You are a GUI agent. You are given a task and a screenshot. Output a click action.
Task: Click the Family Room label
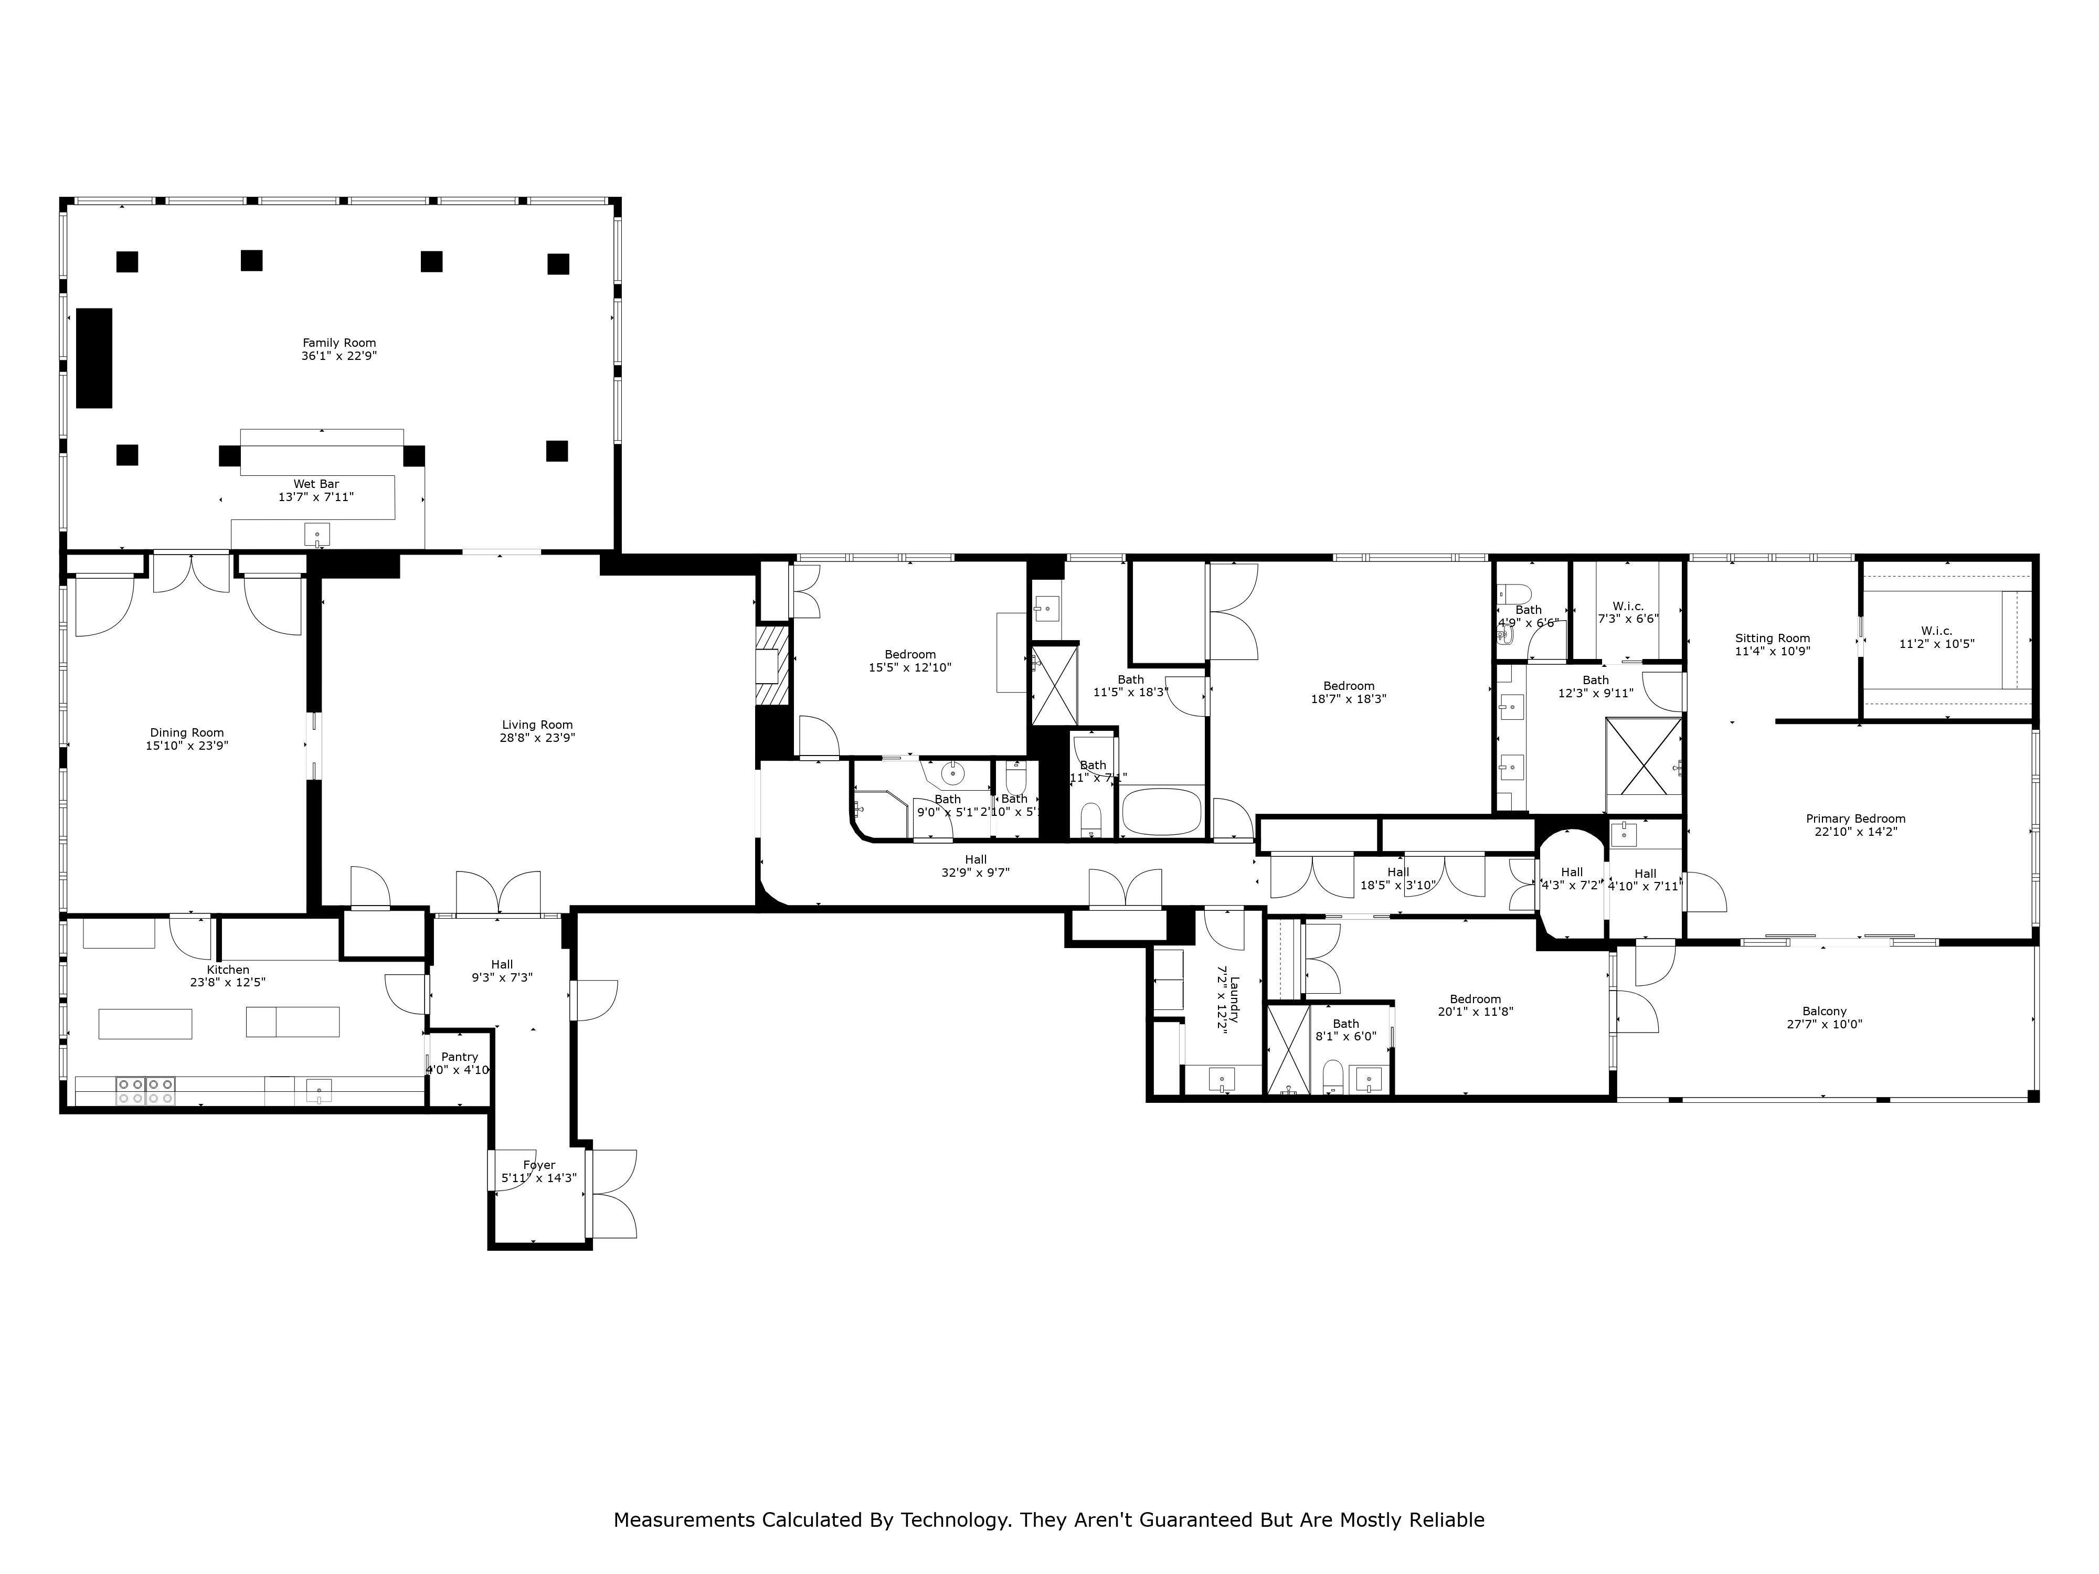339,343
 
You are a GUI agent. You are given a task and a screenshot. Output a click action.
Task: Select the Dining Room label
187,732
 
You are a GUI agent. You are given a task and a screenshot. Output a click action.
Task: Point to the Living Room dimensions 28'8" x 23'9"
537,738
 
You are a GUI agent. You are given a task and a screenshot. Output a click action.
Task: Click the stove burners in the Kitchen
146,1090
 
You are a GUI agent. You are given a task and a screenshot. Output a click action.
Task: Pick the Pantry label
459,1057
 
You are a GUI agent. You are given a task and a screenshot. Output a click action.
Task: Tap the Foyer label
539,1165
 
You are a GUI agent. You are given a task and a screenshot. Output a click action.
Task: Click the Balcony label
1824,1012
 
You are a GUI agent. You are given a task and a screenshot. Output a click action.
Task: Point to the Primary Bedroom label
1855,819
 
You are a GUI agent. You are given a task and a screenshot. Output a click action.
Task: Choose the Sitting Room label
1772,639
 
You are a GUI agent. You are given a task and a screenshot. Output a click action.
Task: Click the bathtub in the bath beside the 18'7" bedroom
1161,812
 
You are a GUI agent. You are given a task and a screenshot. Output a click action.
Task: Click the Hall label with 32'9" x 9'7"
976,859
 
